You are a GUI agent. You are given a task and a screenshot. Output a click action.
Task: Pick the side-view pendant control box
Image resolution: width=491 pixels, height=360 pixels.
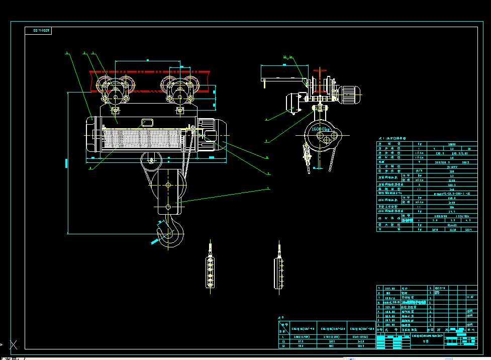278,273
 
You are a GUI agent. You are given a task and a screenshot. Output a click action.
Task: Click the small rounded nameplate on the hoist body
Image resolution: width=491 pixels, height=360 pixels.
147,122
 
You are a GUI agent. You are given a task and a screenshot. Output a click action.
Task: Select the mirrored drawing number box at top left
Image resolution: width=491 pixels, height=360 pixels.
38,31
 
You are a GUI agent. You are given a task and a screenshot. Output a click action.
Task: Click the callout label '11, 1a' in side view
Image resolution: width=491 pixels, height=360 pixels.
287,58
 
